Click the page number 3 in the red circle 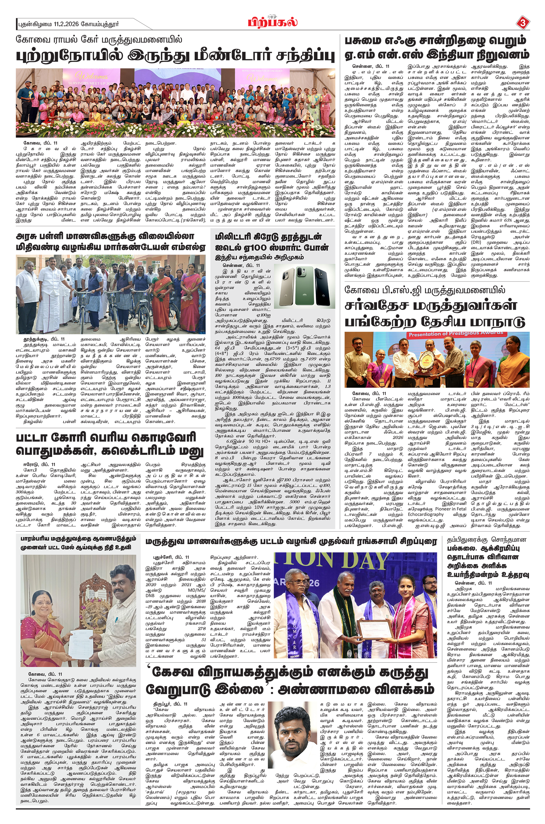(522, 23)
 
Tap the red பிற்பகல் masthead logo (272, 23)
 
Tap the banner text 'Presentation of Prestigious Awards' (456, 334)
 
